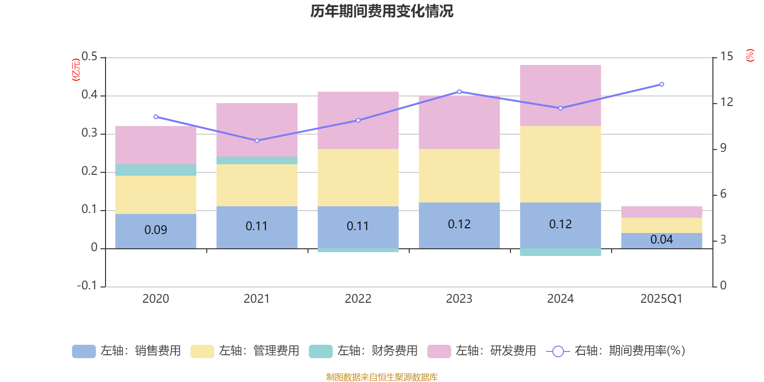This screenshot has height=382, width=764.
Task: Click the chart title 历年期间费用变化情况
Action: click(382, 11)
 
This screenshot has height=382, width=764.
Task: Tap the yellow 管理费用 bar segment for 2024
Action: click(560, 164)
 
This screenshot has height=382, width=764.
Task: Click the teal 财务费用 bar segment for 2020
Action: click(156, 170)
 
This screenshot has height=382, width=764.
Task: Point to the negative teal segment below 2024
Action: click(560, 252)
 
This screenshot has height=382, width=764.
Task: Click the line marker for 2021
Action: click(257, 140)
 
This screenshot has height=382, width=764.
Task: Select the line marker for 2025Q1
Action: click(661, 85)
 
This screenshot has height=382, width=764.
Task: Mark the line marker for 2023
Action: click(459, 92)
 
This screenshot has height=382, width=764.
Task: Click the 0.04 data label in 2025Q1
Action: click(661, 240)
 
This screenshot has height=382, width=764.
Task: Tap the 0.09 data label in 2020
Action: click(156, 230)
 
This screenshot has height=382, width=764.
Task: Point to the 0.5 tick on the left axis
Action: click(89, 57)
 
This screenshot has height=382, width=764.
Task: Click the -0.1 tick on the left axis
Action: click(87, 286)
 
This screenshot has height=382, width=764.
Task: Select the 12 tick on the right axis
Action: click(727, 102)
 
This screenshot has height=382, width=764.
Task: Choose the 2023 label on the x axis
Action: click(459, 299)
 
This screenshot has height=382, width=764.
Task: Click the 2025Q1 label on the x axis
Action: click(661, 299)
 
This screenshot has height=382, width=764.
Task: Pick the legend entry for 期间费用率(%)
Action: click(616, 351)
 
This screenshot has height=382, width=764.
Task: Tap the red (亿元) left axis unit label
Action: click(76, 70)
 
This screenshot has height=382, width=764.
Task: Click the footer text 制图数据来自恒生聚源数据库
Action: click(382, 377)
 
